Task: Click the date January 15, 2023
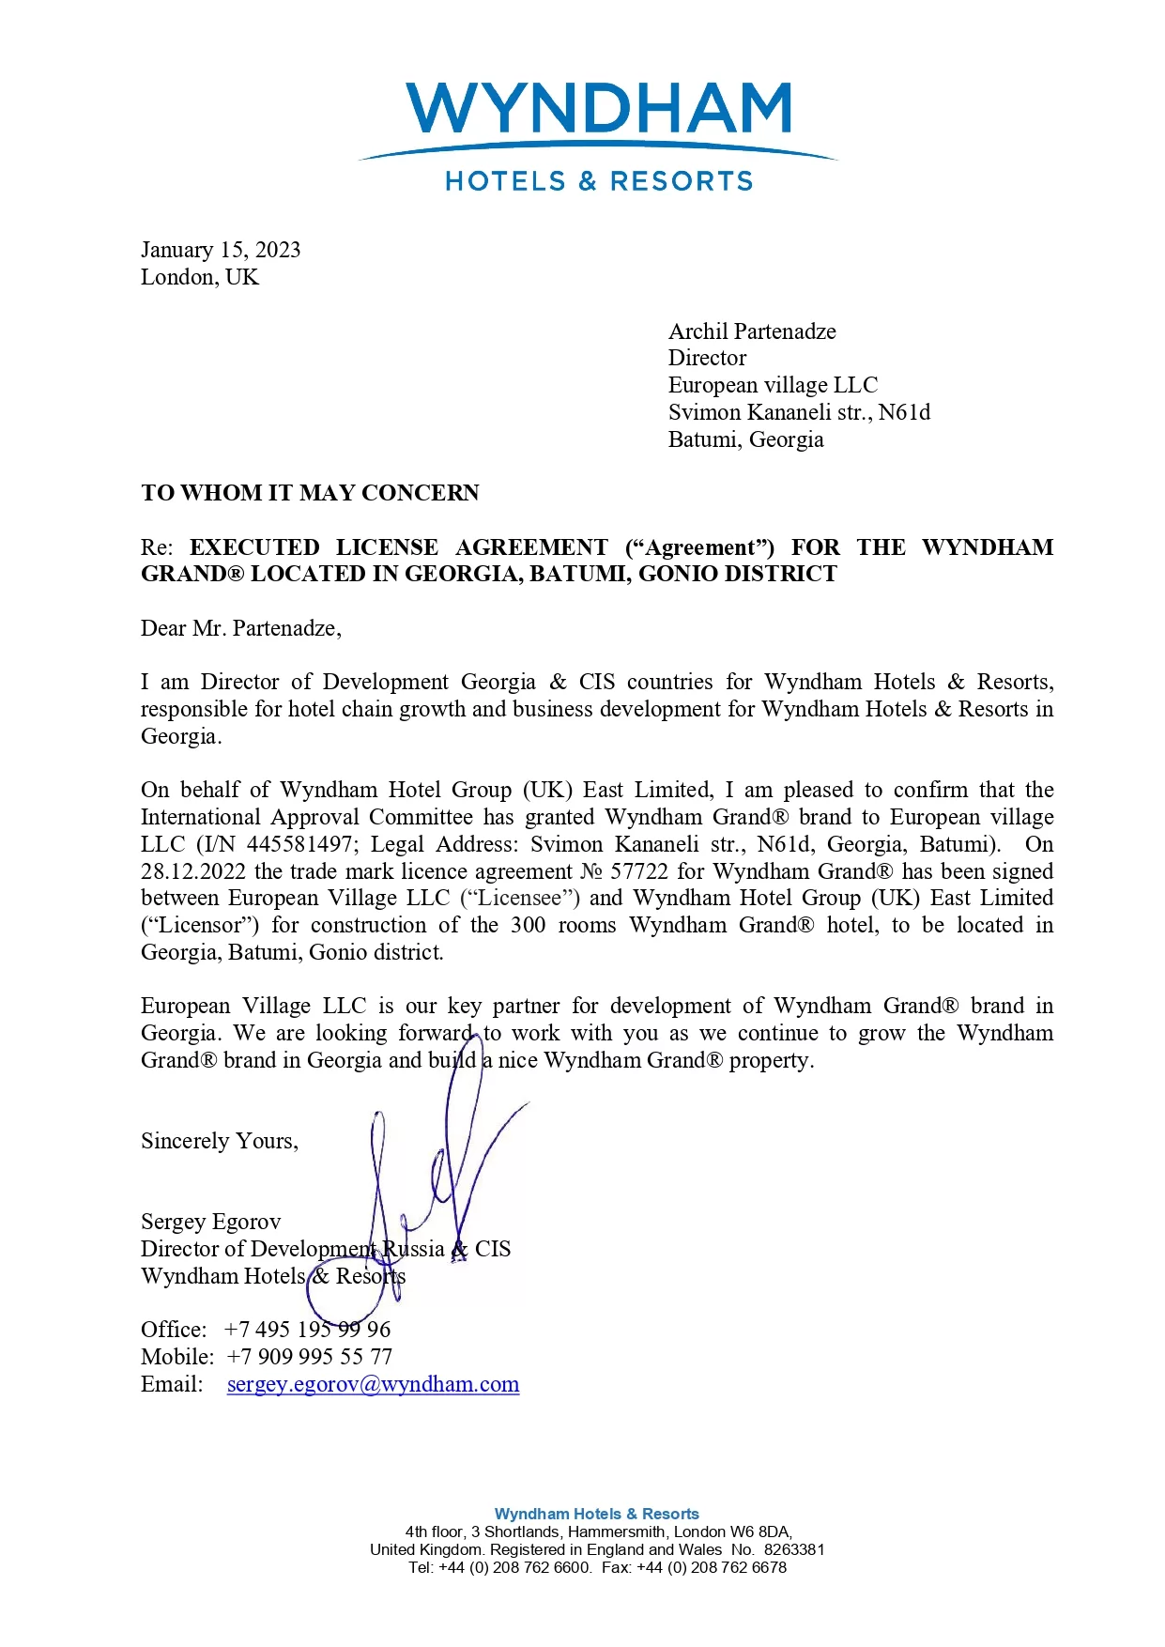click(221, 250)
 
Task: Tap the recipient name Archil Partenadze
click(752, 331)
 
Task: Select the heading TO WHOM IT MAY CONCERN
click(310, 493)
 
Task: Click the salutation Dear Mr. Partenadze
click(241, 628)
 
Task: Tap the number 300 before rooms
click(528, 925)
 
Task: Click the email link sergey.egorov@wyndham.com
click(373, 1384)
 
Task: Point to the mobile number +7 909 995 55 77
click(310, 1357)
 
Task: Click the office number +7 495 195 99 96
click(308, 1330)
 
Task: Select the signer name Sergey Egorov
click(211, 1222)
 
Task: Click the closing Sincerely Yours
click(220, 1141)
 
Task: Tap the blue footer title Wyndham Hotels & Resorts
click(596, 1514)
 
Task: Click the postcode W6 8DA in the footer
click(759, 1532)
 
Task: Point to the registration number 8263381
click(794, 1549)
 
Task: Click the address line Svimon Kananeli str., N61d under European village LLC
click(799, 412)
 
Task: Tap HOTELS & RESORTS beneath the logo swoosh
click(599, 181)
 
